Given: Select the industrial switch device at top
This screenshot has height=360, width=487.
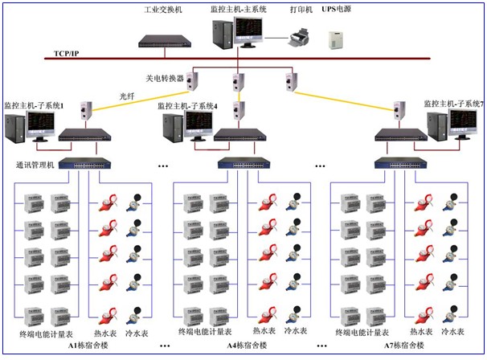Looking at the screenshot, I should (x=166, y=39).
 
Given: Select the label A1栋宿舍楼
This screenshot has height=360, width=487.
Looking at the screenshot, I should (x=88, y=345).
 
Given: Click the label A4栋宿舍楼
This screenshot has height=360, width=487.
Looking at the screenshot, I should (x=246, y=346).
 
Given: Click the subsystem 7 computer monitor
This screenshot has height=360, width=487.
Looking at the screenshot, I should (x=464, y=122).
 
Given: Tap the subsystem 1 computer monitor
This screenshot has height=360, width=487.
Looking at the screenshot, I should (x=40, y=124).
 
